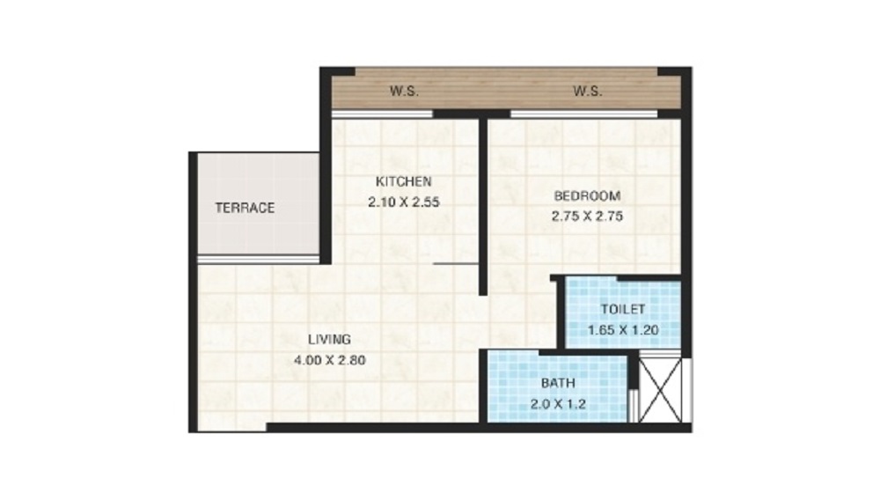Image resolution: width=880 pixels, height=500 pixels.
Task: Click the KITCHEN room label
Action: click(404, 182)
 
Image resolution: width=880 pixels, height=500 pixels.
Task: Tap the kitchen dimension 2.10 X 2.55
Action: click(404, 202)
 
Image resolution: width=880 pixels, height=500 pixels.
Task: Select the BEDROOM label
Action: click(587, 195)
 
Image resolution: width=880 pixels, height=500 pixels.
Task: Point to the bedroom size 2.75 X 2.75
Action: click(587, 216)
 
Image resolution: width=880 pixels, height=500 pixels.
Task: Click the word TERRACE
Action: click(246, 208)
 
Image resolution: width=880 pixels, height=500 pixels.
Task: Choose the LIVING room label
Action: click(329, 340)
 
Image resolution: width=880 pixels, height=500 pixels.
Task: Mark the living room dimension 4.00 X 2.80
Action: click(329, 360)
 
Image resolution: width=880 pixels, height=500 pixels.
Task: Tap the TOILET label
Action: click(623, 309)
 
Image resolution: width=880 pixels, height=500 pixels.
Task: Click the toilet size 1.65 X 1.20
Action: click(623, 330)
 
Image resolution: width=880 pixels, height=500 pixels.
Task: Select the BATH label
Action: click(558, 383)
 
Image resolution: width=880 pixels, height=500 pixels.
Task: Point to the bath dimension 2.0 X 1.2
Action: click(558, 404)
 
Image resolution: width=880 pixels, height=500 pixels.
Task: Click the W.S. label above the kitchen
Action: click(404, 91)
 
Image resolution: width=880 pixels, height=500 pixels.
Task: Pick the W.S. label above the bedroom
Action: click(588, 91)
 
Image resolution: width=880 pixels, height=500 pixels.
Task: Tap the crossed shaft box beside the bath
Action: click(661, 390)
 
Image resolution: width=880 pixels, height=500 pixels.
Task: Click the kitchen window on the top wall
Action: click(382, 114)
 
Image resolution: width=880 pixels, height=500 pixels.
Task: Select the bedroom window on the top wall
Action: click(583, 114)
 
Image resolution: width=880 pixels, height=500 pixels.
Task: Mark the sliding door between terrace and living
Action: click(258, 260)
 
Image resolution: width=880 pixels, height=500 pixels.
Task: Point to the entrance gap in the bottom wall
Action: click(232, 428)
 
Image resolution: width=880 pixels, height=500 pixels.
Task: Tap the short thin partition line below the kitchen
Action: click(456, 262)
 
